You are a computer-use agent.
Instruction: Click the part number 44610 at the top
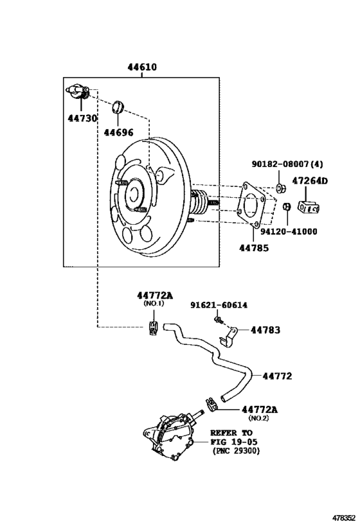click(x=142, y=67)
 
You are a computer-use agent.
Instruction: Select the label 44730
click(x=82, y=118)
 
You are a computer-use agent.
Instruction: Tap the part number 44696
click(x=118, y=132)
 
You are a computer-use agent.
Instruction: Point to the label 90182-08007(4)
click(x=287, y=164)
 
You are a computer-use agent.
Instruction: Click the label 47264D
click(x=310, y=181)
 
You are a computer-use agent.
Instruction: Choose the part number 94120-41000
click(x=289, y=231)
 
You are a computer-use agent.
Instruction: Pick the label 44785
click(x=254, y=248)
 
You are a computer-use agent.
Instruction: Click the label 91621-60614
click(x=219, y=305)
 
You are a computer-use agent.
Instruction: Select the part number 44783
click(x=265, y=330)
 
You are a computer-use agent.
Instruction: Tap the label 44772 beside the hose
click(x=277, y=376)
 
